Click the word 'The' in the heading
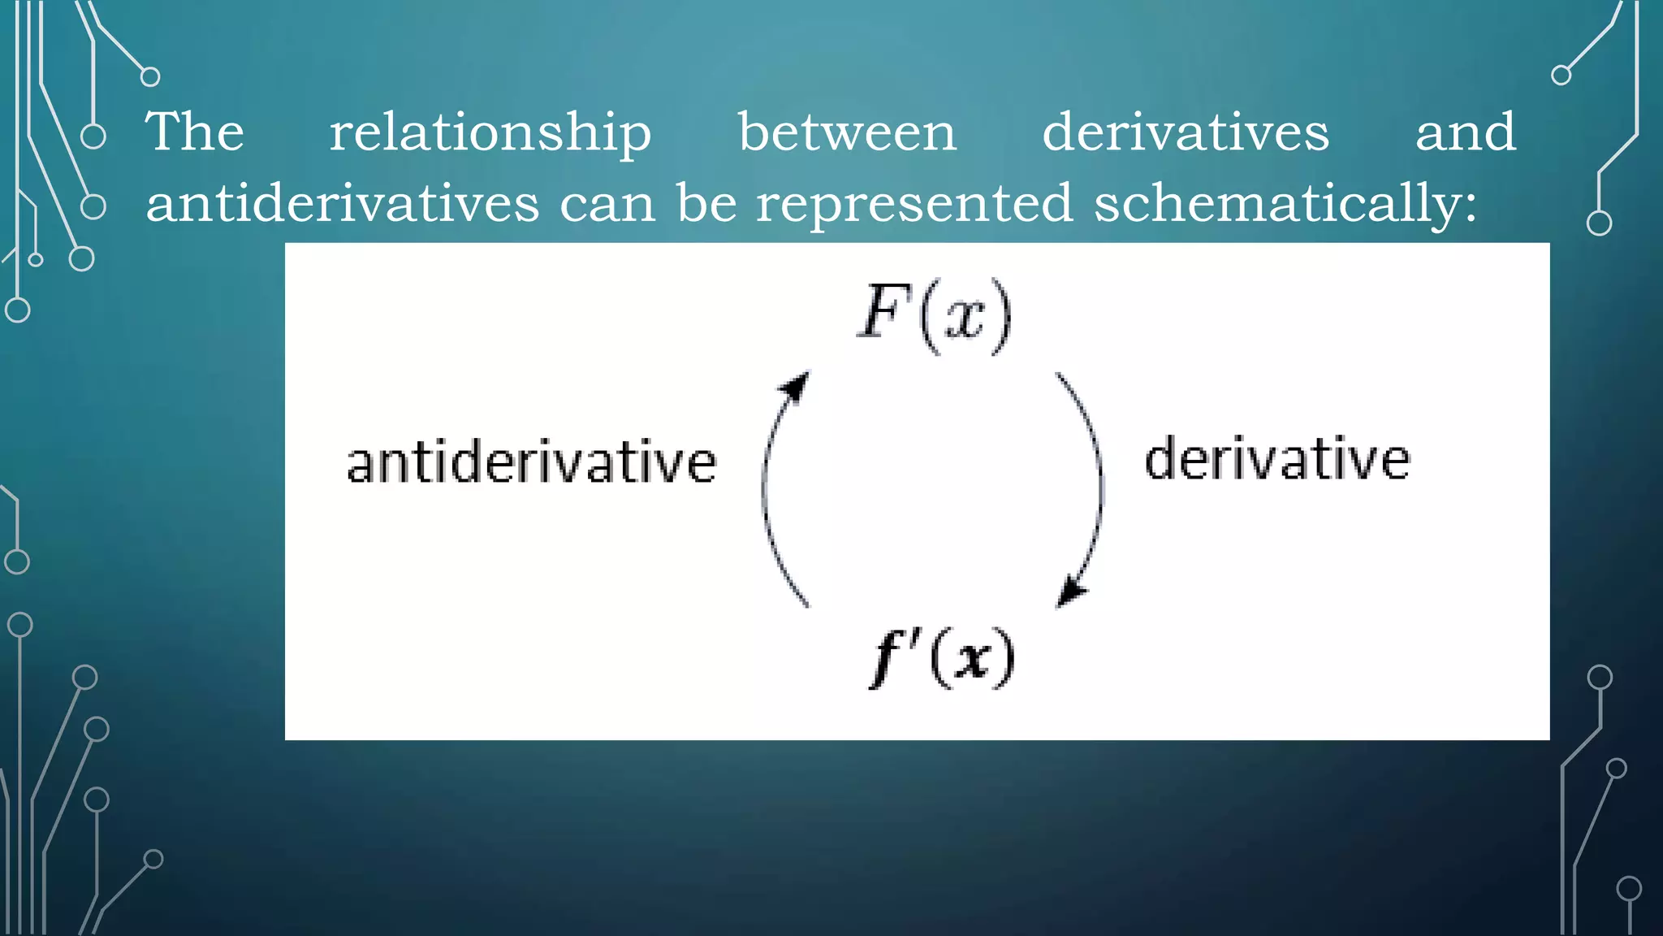coord(195,132)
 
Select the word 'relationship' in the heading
coord(490,133)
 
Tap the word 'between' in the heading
coord(847,132)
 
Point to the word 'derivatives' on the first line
coord(1186,132)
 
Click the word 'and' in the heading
coord(1466,132)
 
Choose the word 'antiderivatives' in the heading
coord(343,202)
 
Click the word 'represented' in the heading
coord(915,204)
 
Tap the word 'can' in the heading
coord(607,204)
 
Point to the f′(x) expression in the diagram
coord(942,658)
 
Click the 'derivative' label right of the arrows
coord(1277,459)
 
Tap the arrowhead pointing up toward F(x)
coord(797,387)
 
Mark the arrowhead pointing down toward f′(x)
coord(1071,591)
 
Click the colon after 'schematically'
coord(1470,208)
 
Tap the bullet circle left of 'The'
coord(93,136)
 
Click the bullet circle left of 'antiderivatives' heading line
coord(93,206)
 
